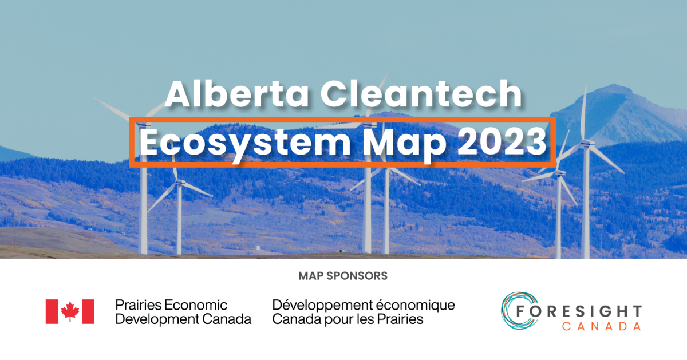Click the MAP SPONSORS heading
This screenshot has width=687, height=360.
343,276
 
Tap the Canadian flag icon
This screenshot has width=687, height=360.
70,311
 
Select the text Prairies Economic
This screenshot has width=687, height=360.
171,304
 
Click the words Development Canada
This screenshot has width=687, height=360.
183,319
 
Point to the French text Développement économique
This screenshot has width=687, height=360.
364,304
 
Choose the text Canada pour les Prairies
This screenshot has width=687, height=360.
348,319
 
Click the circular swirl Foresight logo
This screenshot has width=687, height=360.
518,311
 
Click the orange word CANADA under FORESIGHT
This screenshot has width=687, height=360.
593,326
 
